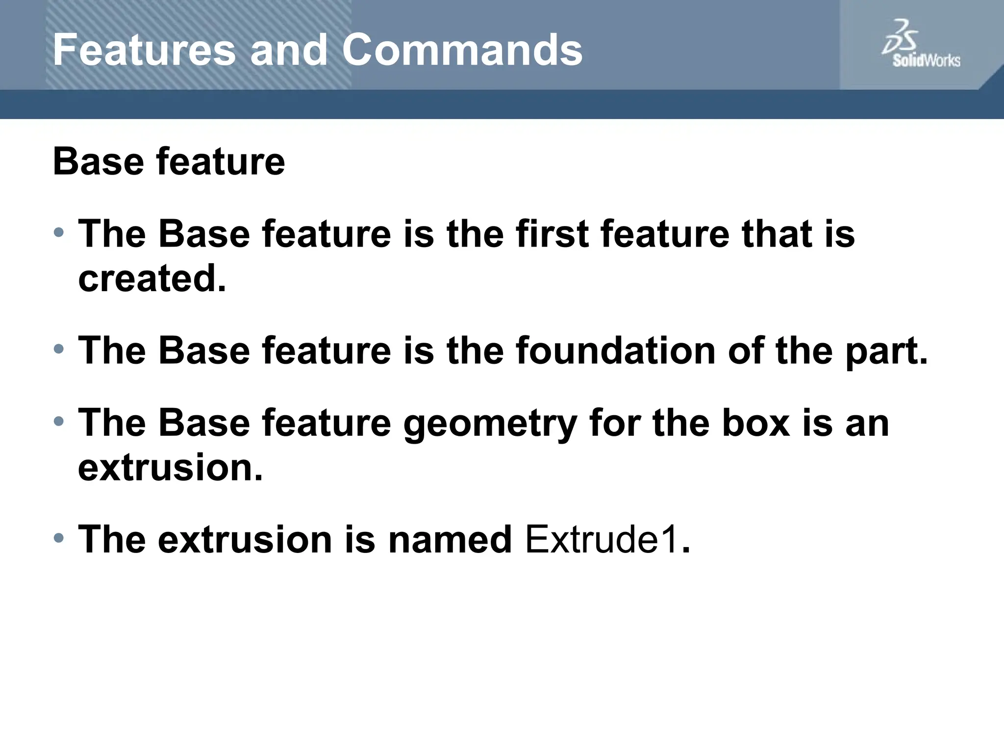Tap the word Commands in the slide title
pyautogui.click(x=462, y=50)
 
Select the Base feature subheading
pyautogui.click(x=169, y=162)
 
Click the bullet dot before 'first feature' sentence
pyautogui.click(x=59, y=232)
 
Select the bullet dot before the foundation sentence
pyautogui.click(x=59, y=350)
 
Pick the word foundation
pyautogui.click(x=615, y=351)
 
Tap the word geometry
pyautogui.click(x=490, y=424)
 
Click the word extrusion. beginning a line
pyautogui.click(x=170, y=468)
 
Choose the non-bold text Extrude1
pyautogui.click(x=602, y=540)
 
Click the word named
pyautogui.click(x=450, y=540)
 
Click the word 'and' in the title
pyautogui.click(x=288, y=50)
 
